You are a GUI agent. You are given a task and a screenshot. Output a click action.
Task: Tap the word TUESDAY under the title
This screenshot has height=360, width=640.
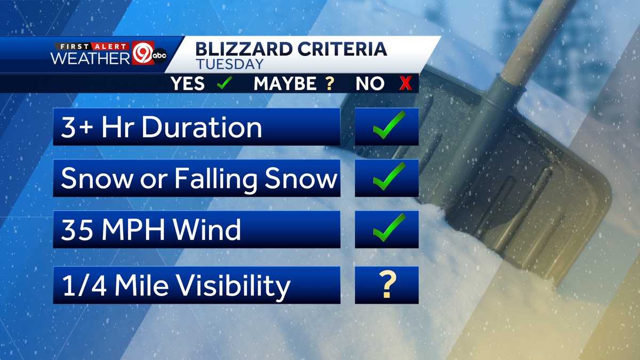229,64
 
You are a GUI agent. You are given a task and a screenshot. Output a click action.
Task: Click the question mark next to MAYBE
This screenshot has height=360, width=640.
330,83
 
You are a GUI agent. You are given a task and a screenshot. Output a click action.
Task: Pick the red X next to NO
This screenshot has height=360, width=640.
406,83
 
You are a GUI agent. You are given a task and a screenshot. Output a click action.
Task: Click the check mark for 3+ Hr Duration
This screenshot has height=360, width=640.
388,126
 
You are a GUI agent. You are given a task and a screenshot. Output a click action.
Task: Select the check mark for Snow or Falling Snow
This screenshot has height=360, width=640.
388,177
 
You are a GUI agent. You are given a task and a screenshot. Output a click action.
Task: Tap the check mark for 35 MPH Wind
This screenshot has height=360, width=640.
388,228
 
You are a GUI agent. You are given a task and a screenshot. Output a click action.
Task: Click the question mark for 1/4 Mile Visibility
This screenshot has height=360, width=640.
388,285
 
